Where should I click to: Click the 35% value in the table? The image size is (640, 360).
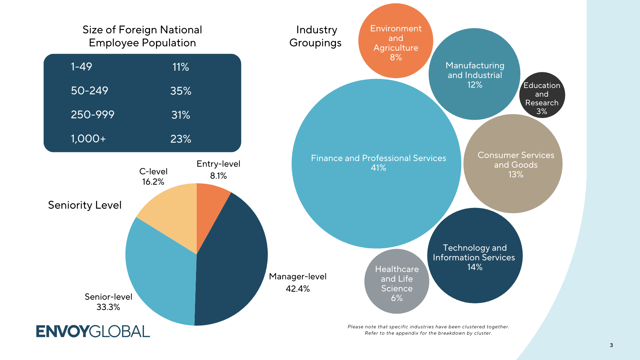click(181, 91)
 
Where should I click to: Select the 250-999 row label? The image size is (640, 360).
click(93, 115)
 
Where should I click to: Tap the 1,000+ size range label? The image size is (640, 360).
click(88, 139)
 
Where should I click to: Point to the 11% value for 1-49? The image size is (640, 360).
click(181, 67)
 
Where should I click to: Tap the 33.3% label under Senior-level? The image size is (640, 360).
click(108, 307)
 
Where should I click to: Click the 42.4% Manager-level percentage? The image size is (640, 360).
click(298, 289)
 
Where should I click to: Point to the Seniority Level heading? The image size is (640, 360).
click(85, 205)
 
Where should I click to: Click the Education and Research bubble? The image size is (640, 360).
click(542, 95)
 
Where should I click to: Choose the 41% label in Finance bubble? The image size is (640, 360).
click(378, 168)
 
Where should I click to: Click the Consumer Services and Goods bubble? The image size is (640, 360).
click(513, 164)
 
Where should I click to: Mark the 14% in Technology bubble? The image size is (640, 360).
click(475, 267)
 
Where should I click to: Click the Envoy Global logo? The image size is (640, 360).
click(93, 331)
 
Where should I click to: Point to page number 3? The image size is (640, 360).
click(611, 345)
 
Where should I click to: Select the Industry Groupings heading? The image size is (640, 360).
click(316, 36)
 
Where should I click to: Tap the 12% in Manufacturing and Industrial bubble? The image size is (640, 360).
click(475, 85)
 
